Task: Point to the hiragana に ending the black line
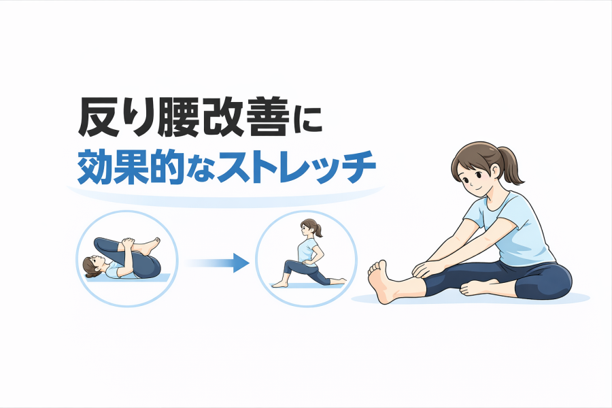[307, 119]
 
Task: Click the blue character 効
[95, 167]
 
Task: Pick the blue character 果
[131, 167]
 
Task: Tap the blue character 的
[167, 167]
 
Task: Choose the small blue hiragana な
[200, 170]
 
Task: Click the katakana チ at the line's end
[358, 168]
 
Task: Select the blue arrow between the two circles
[218, 262]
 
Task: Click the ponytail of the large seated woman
[511, 165]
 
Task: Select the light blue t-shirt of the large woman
[511, 226]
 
